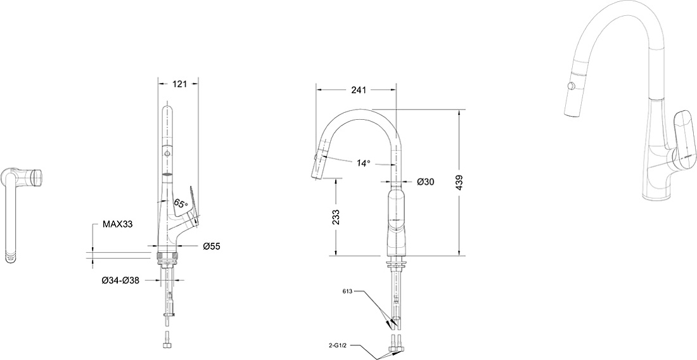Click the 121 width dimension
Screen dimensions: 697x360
point(179,84)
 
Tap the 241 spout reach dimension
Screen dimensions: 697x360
point(358,90)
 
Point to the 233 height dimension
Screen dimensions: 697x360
point(336,217)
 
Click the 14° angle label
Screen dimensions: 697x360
point(363,163)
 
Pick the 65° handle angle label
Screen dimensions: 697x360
point(181,204)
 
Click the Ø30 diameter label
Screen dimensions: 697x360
point(425,181)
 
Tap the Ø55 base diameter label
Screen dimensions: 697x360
point(212,246)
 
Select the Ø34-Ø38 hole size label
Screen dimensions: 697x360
point(120,280)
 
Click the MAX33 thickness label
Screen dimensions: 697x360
point(118,224)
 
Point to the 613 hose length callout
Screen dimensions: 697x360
point(348,292)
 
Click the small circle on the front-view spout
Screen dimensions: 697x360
point(167,153)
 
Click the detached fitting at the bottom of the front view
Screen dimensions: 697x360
point(167,340)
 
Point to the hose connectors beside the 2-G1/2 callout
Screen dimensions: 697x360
point(395,343)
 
